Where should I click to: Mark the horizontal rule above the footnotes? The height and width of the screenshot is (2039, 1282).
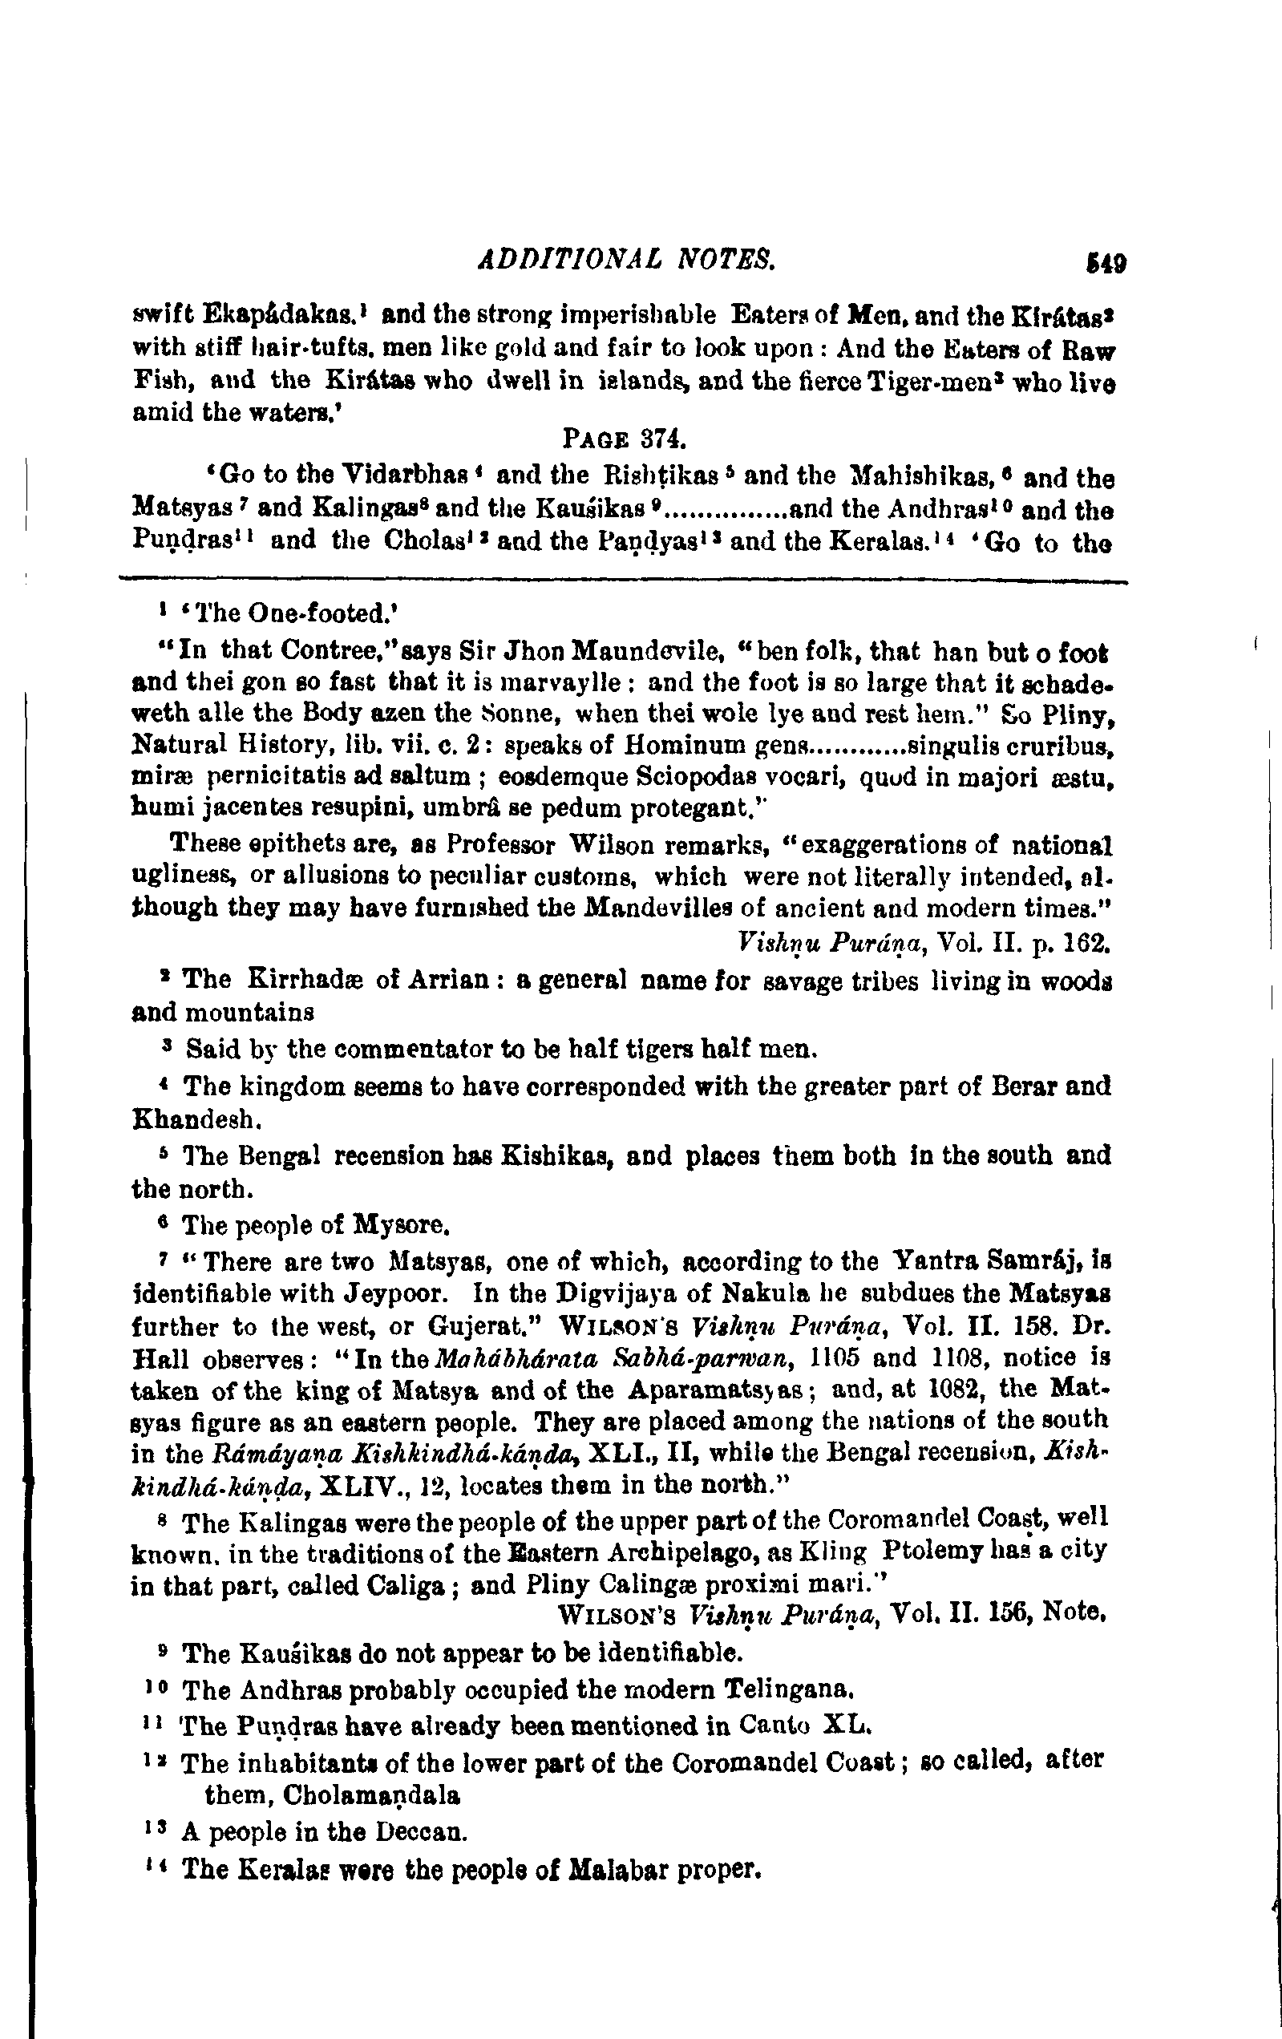click(622, 580)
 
